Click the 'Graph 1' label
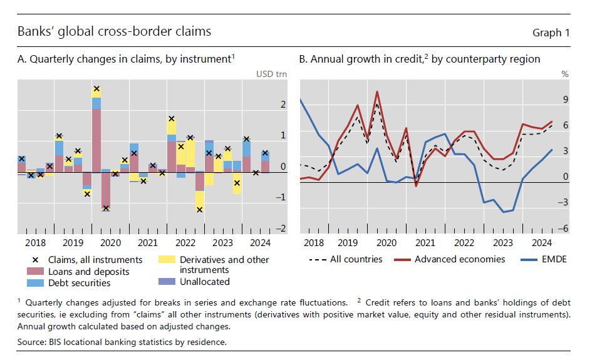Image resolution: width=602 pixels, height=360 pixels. click(551, 33)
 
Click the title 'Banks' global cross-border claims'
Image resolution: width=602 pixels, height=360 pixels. click(114, 31)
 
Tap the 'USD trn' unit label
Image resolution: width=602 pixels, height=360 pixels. click(271, 74)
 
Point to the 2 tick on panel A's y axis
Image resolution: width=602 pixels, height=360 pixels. click(283, 105)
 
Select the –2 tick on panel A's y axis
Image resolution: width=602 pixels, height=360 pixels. click(281, 229)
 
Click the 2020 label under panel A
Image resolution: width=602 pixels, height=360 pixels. click(110, 242)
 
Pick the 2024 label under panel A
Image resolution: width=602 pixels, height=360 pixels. click(259, 242)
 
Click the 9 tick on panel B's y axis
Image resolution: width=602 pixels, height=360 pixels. click(565, 100)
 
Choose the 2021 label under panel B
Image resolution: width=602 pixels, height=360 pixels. click(425, 242)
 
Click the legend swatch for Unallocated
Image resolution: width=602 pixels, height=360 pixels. click(166, 282)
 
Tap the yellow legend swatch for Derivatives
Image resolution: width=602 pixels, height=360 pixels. click(166, 259)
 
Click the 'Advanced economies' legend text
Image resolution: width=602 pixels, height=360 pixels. click(459, 259)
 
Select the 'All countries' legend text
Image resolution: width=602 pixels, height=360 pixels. click(356, 259)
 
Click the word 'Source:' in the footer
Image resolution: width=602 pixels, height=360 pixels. click(33, 342)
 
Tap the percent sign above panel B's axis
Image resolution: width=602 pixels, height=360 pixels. click(564, 74)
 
